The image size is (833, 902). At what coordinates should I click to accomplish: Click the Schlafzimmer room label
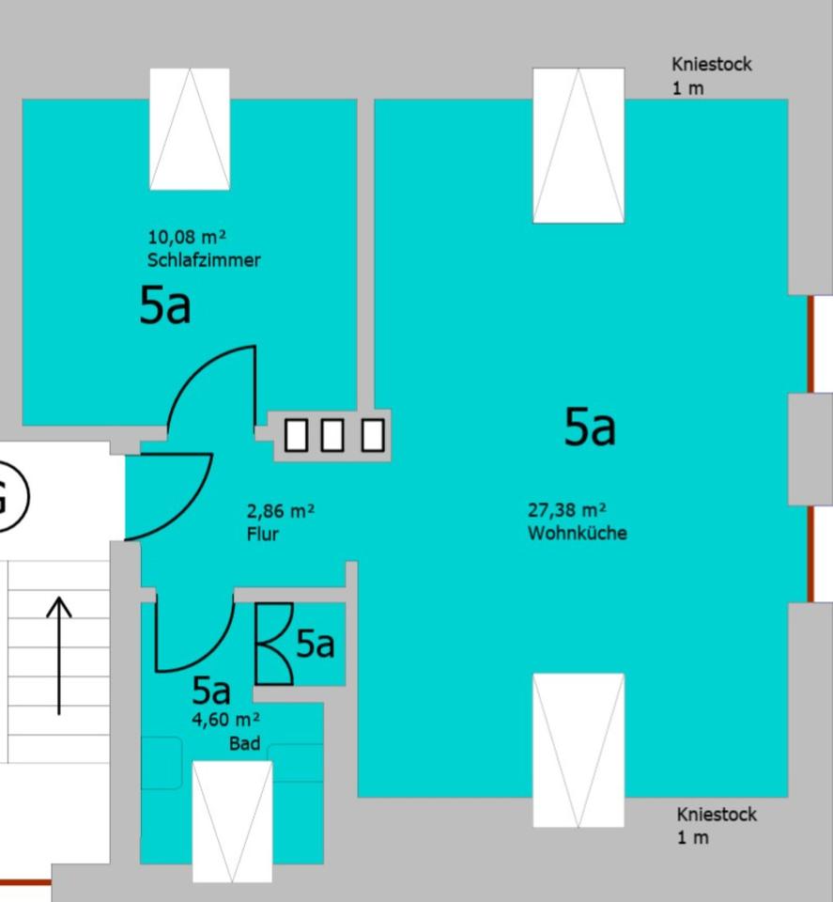coord(204,260)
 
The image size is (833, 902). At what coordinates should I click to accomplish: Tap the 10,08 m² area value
coord(187,237)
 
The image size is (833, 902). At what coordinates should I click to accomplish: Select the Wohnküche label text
coord(577,534)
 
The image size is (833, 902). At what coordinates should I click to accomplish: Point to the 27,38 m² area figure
coord(566,510)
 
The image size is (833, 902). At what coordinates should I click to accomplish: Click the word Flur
coord(262,535)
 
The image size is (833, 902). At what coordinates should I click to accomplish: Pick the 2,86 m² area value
coord(280,512)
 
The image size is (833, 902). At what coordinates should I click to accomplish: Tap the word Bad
coord(245,743)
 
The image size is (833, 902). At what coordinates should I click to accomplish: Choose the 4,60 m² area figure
coord(225,721)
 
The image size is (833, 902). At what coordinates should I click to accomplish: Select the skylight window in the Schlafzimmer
coord(190,129)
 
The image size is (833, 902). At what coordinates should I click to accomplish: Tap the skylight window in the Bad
coord(232,820)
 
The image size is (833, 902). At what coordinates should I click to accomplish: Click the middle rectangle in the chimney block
coord(332,435)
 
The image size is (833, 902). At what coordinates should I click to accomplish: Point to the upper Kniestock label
coord(711,65)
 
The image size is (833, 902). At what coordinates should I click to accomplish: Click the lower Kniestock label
coord(716,815)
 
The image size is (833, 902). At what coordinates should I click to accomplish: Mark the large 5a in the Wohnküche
coord(589,427)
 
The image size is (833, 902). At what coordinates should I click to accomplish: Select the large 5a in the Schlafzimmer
coord(164,305)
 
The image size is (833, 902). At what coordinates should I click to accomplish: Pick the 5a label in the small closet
coord(315,644)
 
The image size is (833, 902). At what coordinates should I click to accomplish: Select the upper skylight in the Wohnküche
coord(578,146)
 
